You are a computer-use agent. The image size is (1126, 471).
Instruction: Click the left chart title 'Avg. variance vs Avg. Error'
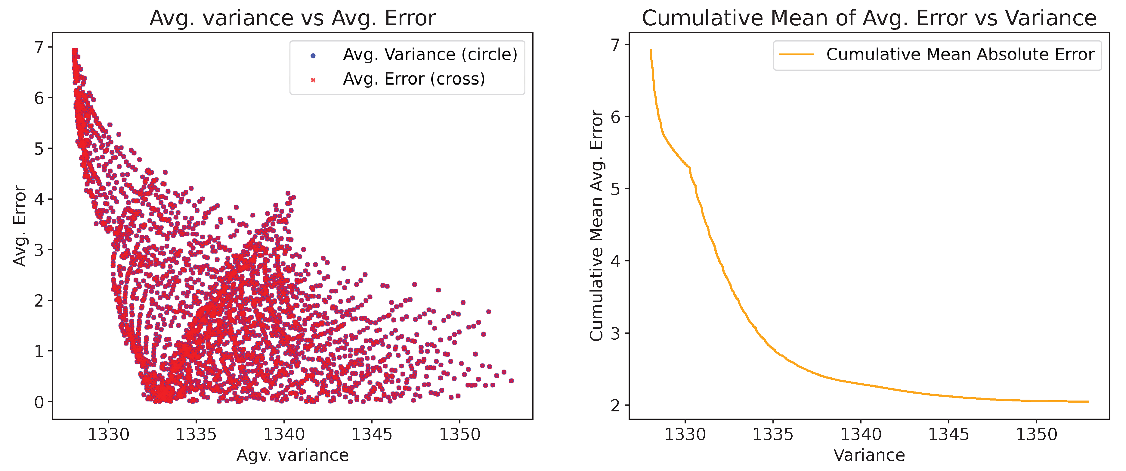pyautogui.click(x=292, y=18)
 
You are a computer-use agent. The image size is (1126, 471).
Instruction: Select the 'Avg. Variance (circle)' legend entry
pyautogui.click(x=430, y=55)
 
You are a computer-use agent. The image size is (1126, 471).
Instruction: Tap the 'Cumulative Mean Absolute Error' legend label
pyautogui.click(x=960, y=55)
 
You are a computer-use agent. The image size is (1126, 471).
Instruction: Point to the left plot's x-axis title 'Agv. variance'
pyautogui.click(x=292, y=455)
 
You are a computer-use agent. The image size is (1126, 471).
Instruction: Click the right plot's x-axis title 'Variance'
pyautogui.click(x=869, y=455)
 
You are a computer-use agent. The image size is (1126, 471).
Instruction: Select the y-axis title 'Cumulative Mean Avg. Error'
pyautogui.click(x=597, y=226)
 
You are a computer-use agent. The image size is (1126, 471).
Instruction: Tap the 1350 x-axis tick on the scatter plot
pyautogui.click(x=459, y=434)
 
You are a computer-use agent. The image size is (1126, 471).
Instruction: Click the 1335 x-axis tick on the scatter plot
pyautogui.click(x=196, y=434)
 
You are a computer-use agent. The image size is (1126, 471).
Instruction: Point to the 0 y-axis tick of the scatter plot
pyautogui.click(x=39, y=402)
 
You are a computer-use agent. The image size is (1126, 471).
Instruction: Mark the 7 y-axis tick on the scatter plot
pyautogui.click(x=39, y=47)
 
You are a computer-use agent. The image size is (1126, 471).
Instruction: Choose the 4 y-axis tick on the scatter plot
pyautogui.click(x=39, y=199)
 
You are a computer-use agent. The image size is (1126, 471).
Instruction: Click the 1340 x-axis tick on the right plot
pyautogui.click(x=861, y=434)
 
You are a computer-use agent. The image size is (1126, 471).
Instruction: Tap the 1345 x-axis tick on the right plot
pyautogui.click(x=948, y=434)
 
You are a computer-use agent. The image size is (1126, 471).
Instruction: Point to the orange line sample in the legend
pyautogui.click(x=797, y=55)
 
